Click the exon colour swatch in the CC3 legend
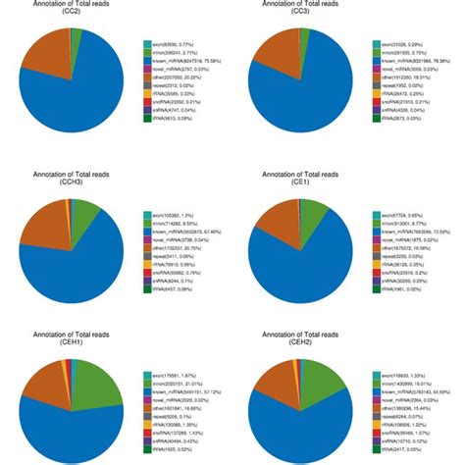tap(376, 44)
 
